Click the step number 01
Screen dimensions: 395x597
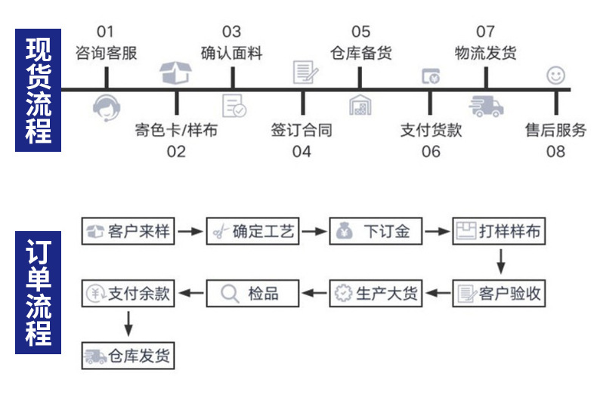click(106, 32)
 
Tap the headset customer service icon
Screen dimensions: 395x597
click(107, 108)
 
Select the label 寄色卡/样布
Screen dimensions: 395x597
click(175, 130)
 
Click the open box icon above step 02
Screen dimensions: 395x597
click(176, 72)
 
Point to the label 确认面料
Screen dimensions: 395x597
click(231, 54)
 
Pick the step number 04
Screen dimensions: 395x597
click(302, 151)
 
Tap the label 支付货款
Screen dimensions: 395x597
click(431, 130)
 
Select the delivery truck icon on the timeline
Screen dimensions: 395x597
click(486, 106)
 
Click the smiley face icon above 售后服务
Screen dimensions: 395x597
click(555, 75)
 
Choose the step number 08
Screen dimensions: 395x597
click(555, 151)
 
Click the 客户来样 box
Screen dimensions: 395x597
click(128, 231)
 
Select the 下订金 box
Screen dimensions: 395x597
click(376, 231)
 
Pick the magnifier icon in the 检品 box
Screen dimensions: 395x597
click(230, 293)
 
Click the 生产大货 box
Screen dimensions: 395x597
click(376, 293)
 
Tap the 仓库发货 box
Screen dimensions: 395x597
click(128, 356)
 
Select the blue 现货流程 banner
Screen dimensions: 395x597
click(39, 90)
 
